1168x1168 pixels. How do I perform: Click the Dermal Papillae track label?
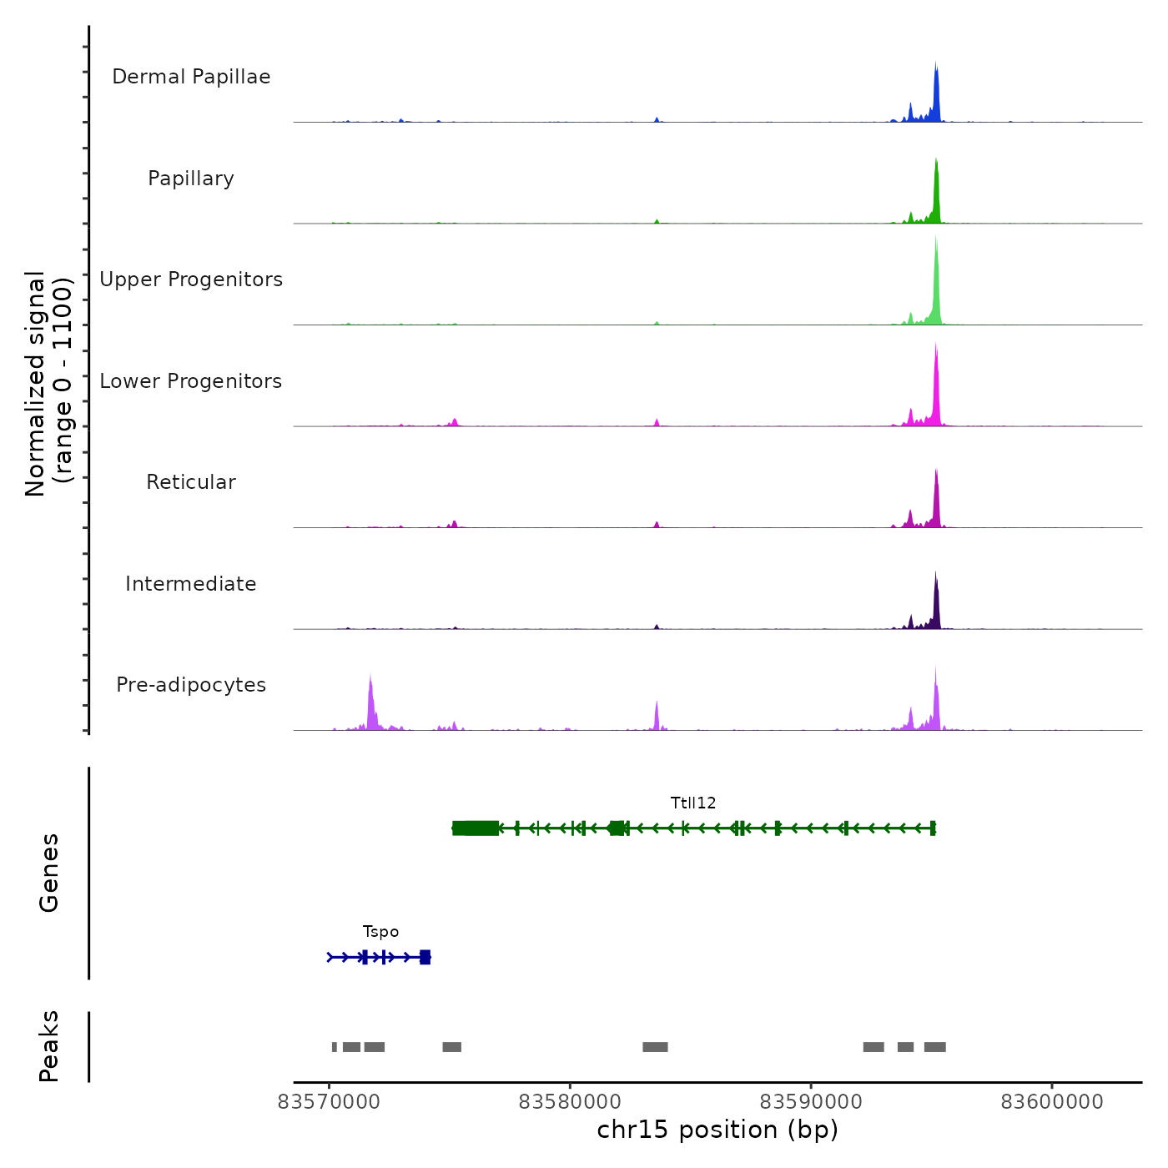191,77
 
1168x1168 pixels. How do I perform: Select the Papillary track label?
191,179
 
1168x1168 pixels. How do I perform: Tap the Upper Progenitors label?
191,279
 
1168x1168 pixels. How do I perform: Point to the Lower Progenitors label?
191,381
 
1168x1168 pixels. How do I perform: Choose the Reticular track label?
191,482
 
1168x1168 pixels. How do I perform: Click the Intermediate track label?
191,584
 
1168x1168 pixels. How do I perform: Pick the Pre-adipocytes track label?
191,685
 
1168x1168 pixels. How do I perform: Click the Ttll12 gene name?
693,803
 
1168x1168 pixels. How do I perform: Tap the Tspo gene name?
380,931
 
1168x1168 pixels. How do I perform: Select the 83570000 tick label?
329,1102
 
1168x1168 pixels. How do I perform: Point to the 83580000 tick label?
570,1102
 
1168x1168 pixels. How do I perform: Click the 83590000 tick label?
811,1102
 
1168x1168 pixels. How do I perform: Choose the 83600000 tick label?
1052,1102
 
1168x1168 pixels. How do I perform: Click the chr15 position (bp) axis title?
717,1130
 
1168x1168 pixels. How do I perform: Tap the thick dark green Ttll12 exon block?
476,828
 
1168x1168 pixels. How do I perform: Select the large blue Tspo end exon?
425,957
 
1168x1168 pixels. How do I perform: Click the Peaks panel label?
49,1046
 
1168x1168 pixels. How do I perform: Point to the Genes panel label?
49,873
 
